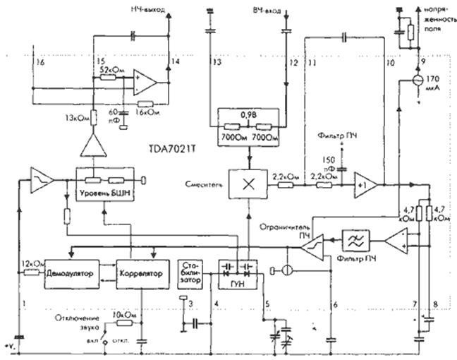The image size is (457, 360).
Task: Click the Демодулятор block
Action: coord(71,272)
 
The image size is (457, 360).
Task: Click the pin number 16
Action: coord(42,63)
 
